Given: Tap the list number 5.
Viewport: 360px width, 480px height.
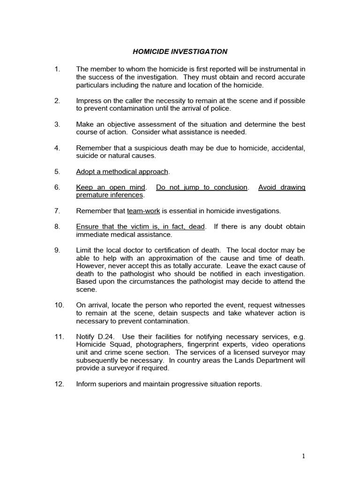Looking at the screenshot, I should [x=57, y=171].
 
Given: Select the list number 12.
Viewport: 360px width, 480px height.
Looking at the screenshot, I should [x=59, y=384].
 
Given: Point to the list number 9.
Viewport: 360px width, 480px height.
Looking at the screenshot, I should [x=57, y=250].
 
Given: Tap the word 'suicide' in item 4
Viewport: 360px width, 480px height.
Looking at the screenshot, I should [x=88, y=156].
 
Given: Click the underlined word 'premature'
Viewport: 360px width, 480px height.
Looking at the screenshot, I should [x=93, y=195].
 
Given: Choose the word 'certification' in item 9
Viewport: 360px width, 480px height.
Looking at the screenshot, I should [x=170, y=250].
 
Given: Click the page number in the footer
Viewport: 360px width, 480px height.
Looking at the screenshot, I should [x=304, y=455].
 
